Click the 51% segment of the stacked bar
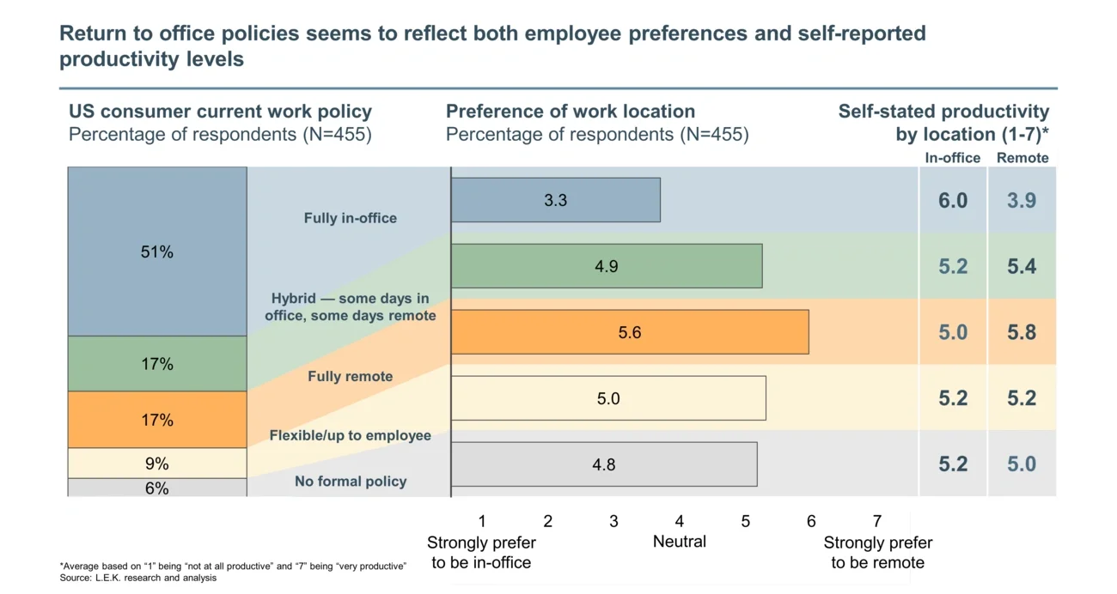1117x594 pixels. [157, 252]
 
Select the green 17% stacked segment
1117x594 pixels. [157, 364]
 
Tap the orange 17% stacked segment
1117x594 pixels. [157, 420]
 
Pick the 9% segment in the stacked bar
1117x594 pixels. [157, 464]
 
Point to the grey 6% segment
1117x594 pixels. [157, 488]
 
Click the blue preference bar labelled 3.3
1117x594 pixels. [555, 200]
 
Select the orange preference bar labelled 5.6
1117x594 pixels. [630, 332]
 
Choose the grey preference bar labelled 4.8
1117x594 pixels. [604, 464]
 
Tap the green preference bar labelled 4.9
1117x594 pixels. [607, 266]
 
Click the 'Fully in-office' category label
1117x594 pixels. [351, 218]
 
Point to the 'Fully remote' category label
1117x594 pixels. [351, 376]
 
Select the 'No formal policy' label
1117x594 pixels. [351, 482]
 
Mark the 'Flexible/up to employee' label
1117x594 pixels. [351, 435]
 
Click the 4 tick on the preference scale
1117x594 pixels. [680, 521]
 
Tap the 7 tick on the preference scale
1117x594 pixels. [877, 521]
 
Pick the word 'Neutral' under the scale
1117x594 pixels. [680, 542]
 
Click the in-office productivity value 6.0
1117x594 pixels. [953, 200]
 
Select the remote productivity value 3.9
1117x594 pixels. [1022, 200]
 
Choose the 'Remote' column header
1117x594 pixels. [1022, 158]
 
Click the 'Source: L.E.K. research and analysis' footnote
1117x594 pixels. [138, 578]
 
